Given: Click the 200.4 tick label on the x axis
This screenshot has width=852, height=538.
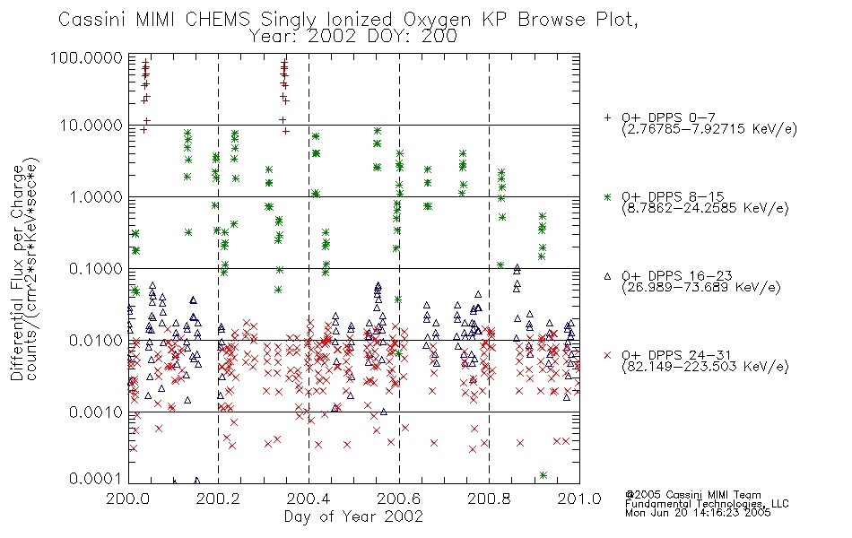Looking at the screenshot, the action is click(309, 499).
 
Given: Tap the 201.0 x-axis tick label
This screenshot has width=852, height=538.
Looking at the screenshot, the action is click(579, 499).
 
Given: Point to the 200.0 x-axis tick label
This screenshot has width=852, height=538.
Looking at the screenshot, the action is click(128, 499).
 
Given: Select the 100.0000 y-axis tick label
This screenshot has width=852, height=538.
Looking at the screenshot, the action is click(87, 57).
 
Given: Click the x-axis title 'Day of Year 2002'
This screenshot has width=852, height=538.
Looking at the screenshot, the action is click(353, 516).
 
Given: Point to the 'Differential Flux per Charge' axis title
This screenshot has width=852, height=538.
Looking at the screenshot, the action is click(17, 273).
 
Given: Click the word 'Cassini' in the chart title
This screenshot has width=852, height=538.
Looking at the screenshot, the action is click(91, 20).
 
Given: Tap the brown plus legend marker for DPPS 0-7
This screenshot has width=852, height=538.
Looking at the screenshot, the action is click(607, 117).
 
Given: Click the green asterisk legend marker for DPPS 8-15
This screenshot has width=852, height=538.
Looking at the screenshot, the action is click(607, 196).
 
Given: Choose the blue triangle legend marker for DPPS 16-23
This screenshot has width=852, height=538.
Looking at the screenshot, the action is click(607, 276).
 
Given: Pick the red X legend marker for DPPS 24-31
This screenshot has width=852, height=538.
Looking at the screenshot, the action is click(607, 355).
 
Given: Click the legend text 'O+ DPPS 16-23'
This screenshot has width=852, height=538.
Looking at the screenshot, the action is click(677, 276).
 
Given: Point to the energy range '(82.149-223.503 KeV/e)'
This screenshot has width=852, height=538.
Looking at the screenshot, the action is click(705, 366).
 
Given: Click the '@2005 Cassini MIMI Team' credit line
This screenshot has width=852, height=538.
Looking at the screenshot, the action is click(692, 495).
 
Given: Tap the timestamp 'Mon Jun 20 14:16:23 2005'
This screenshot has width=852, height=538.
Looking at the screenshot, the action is click(698, 513).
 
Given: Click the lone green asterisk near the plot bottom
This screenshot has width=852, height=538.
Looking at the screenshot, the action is click(543, 475).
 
